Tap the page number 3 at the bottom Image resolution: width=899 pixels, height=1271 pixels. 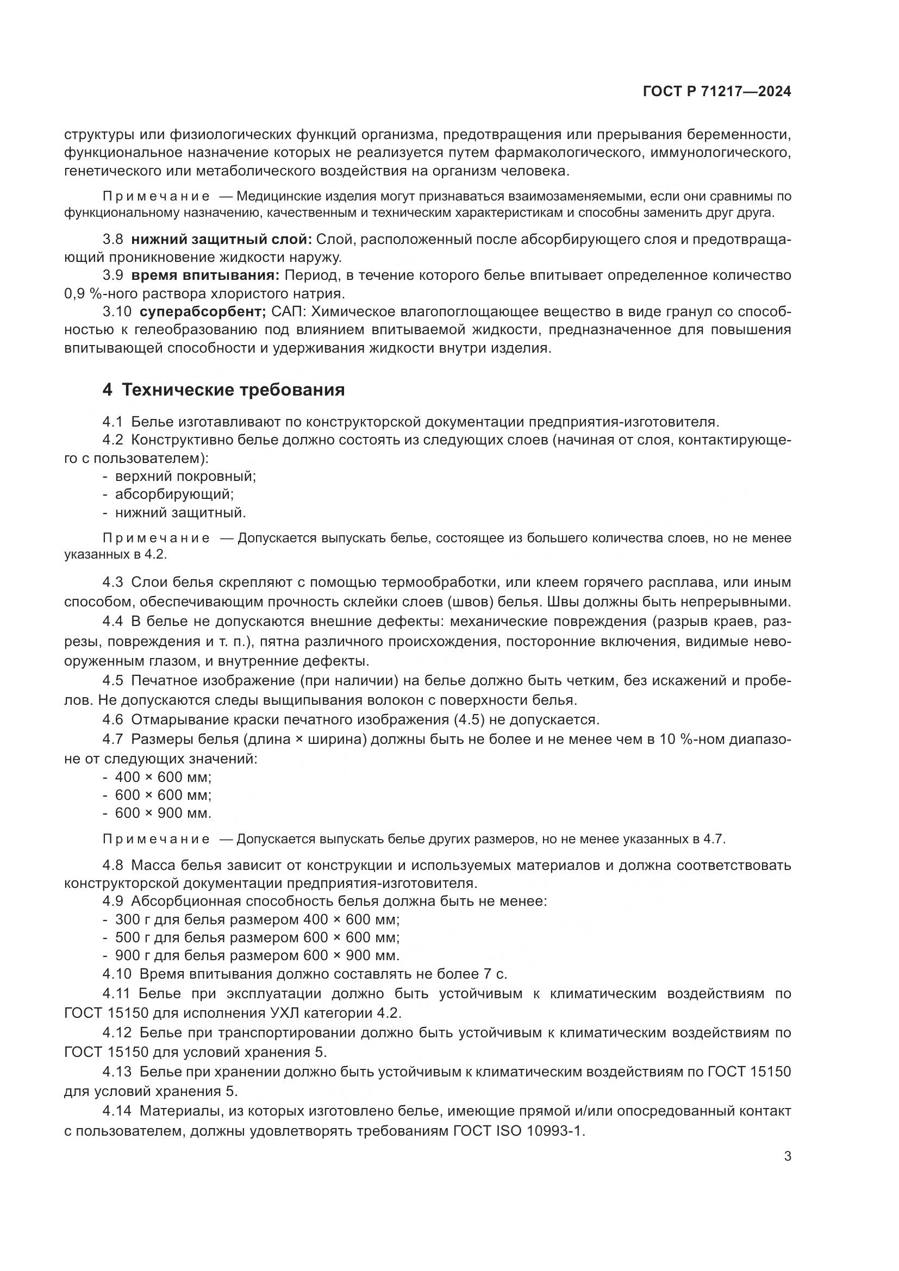[x=787, y=1156]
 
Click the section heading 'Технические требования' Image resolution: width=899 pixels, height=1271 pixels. [x=233, y=390]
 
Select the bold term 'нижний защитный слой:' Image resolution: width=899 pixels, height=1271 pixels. [x=221, y=239]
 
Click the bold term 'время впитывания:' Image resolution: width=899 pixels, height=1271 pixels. [x=205, y=275]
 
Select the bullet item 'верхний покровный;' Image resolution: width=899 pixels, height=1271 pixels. [x=185, y=476]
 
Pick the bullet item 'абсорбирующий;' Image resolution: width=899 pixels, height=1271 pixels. [x=174, y=494]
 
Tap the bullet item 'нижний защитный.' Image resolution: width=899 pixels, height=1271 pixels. [x=180, y=512]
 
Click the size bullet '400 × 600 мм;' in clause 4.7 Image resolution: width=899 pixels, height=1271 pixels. [x=163, y=777]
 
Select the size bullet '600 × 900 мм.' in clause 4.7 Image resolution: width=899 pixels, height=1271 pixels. [x=163, y=813]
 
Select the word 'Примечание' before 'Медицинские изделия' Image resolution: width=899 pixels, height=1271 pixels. [x=156, y=197]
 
